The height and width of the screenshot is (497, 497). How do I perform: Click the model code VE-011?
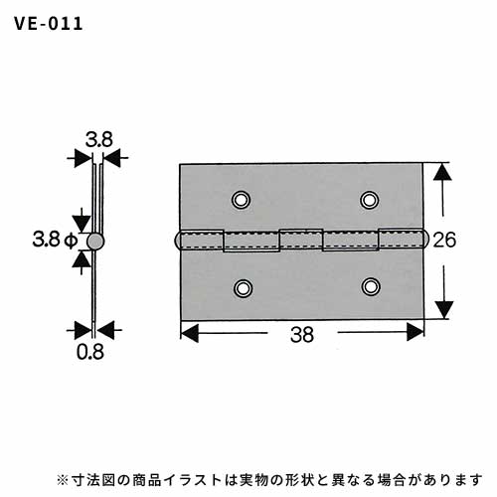pos(49,24)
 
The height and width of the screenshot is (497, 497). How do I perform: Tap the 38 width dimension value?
pos(302,335)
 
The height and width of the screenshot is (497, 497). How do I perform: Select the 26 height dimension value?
pos(444,240)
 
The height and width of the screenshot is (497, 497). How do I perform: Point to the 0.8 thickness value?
pos(90,352)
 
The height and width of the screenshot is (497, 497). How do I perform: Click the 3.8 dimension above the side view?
pos(99,140)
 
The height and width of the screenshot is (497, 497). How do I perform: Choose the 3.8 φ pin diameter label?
pos(55,240)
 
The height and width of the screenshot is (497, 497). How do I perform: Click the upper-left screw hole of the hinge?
pos(241,200)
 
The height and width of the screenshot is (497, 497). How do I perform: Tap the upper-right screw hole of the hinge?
pos(369,200)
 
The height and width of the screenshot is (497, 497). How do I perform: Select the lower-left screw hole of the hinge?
pos(244,288)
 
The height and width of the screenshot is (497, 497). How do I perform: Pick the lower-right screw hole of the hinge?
pos(371,286)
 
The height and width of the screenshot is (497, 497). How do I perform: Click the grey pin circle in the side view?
pos(95,242)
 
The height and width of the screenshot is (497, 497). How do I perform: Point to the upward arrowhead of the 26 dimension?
pos(443,172)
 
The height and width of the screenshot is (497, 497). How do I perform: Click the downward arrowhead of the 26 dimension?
pos(444,310)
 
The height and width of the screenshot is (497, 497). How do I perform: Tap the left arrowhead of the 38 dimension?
pos(190,332)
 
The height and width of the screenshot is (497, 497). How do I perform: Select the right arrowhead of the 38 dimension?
pos(415,332)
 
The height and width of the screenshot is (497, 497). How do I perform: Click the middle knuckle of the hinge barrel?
pos(301,240)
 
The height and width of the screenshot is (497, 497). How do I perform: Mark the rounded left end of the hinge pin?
pos(178,240)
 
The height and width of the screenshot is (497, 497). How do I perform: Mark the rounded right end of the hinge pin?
pos(425,240)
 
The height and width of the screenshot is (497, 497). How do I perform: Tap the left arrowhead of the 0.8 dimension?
pos(83,330)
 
